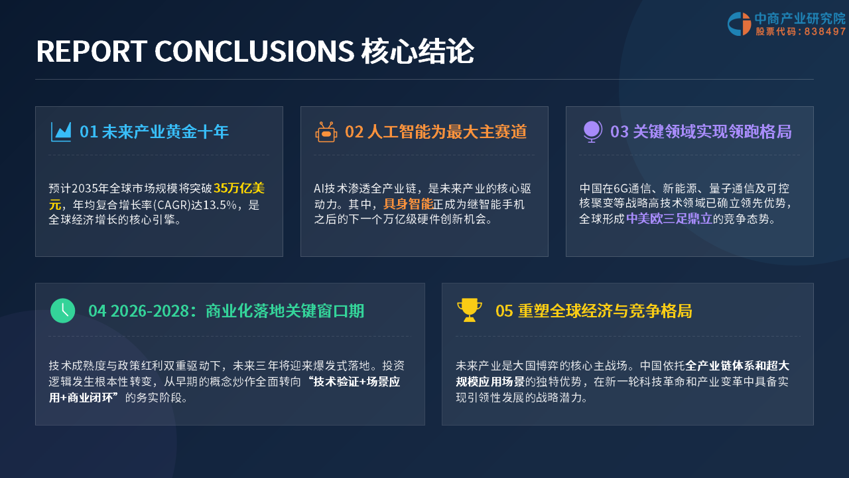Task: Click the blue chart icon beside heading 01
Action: [61, 131]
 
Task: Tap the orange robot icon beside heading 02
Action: [326, 132]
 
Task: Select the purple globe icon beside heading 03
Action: [592, 131]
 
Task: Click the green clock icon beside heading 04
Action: [63, 311]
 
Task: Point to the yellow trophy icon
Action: [470, 310]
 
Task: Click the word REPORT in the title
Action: [92, 51]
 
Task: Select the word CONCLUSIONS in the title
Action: [254, 51]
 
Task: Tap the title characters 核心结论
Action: [417, 51]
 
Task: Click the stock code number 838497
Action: [824, 31]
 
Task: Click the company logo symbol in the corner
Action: [739, 24]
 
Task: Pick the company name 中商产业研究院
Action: [800, 18]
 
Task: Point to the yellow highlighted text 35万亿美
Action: [239, 188]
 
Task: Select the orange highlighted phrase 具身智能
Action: [408, 204]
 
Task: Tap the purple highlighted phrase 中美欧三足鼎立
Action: [669, 219]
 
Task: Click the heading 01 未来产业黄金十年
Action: [155, 131]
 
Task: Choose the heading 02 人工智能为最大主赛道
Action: [436, 131]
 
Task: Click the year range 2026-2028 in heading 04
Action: [150, 311]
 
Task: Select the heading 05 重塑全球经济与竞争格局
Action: [594, 311]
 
